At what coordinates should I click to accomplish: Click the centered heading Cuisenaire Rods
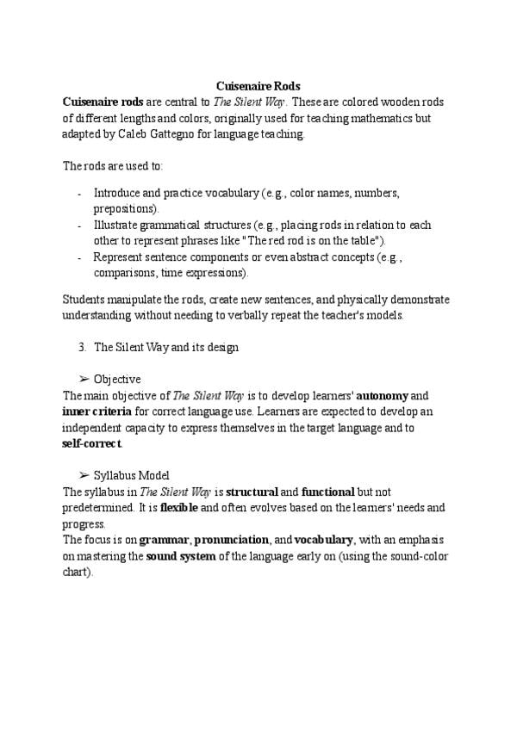(258, 87)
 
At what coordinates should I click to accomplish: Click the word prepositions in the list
(126, 209)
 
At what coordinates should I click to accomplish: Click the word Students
(85, 300)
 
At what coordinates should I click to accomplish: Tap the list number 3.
(81, 347)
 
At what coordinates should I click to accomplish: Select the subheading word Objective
(117, 379)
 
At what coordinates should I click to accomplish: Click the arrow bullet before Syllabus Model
(84, 475)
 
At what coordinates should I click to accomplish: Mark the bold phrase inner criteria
(97, 411)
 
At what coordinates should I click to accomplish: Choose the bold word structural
(252, 492)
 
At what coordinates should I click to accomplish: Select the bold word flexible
(179, 508)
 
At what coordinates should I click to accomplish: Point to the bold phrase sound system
(180, 556)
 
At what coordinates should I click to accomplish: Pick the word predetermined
(103, 508)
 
